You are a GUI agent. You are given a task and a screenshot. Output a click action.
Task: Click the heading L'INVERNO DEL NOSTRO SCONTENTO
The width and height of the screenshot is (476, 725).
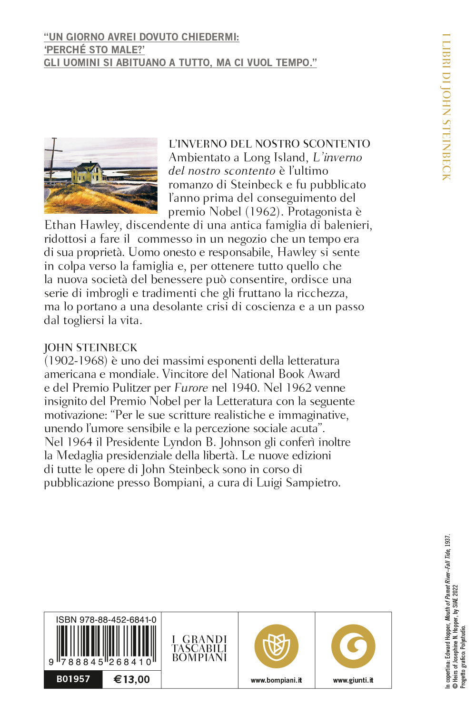(x=269, y=144)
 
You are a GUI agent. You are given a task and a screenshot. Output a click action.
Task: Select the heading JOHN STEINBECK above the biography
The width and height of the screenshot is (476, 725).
(x=90, y=348)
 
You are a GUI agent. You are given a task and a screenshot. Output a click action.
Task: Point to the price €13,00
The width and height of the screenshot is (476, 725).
(x=132, y=679)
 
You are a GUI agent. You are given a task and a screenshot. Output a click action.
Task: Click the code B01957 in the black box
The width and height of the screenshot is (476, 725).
(x=73, y=679)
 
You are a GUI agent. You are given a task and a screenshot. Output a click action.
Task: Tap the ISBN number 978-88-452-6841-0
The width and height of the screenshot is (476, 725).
(x=106, y=619)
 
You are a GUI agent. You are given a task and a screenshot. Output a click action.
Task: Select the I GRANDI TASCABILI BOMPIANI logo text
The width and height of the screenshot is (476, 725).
(x=199, y=648)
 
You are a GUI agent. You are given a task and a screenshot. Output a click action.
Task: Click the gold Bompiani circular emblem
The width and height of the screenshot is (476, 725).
(x=277, y=646)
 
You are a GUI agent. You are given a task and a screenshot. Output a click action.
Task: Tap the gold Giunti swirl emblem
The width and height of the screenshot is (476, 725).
(x=353, y=646)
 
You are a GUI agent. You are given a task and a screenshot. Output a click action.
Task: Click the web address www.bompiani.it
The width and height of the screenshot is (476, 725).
(x=277, y=680)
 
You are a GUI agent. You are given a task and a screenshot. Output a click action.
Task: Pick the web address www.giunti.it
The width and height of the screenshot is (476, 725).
(x=353, y=680)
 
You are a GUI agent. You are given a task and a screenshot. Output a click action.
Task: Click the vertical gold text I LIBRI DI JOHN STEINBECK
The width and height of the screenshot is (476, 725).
(x=446, y=107)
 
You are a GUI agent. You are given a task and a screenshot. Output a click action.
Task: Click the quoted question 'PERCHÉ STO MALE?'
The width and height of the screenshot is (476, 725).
(x=94, y=50)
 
